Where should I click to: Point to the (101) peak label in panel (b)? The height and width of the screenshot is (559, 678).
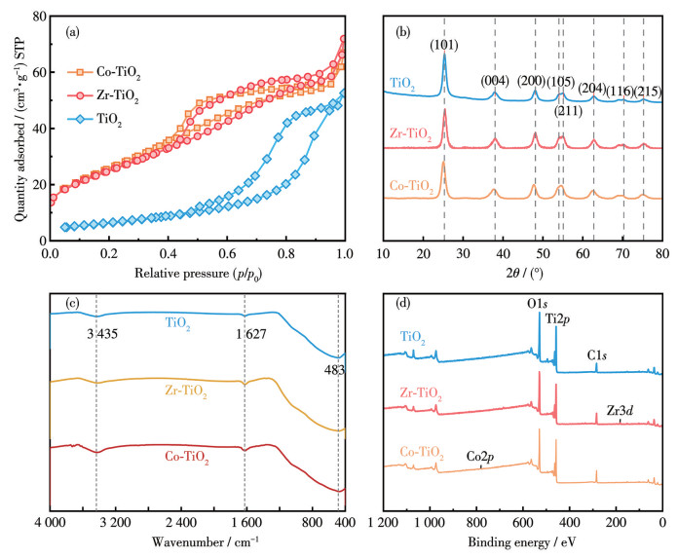(444, 42)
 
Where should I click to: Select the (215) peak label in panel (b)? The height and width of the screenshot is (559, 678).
(645, 91)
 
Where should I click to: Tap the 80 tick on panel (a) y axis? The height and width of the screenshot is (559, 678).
(36, 17)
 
